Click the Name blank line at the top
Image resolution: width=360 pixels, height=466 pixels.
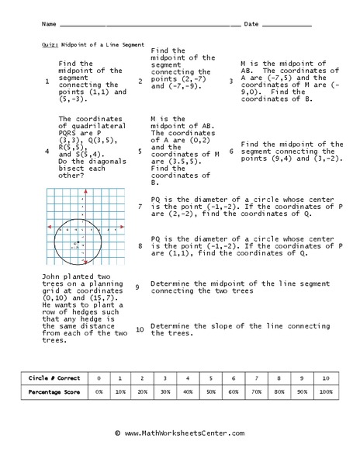[x=147, y=26]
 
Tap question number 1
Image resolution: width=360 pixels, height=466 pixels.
[x=47, y=81]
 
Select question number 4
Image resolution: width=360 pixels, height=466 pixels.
[x=47, y=152]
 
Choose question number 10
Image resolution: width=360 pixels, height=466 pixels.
[x=139, y=329]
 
